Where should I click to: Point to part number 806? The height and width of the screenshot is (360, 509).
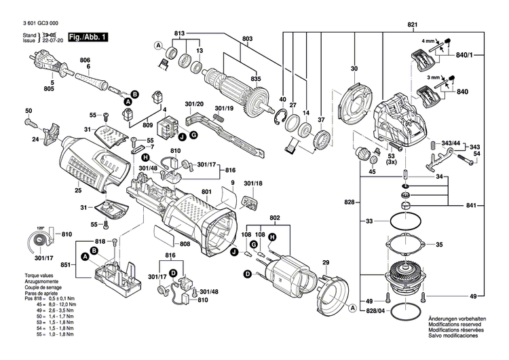tap(84, 60)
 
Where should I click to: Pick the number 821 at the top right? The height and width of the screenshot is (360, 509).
tap(412, 25)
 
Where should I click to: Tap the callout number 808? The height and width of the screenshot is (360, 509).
tap(185, 244)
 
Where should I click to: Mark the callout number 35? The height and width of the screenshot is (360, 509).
tap(439, 245)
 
